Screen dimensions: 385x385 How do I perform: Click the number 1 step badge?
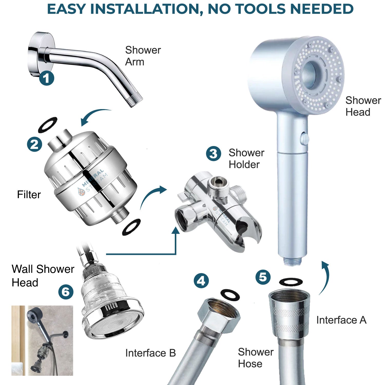coord(46,78)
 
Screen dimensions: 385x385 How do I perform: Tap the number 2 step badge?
coord(35,144)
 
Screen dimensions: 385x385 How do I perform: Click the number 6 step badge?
coord(66,292)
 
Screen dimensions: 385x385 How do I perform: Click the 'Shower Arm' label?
coord(143,56)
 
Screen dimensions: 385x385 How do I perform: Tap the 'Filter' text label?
coord(29,195)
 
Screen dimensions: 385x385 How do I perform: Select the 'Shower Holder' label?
coord(246,159)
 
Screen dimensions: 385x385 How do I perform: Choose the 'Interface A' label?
coord(341,320)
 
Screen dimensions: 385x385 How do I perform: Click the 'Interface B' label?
coord(150,353)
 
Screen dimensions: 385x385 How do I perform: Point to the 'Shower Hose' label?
coord(255,358)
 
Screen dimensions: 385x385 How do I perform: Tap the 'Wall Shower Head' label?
coord(43,276)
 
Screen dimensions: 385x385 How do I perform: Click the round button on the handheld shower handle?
coord(305,138)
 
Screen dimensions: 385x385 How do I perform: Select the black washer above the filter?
coord(48,125)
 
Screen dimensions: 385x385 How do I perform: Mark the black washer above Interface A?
coord(291,282)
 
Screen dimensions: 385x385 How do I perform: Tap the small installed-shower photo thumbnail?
coord(42,341)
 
